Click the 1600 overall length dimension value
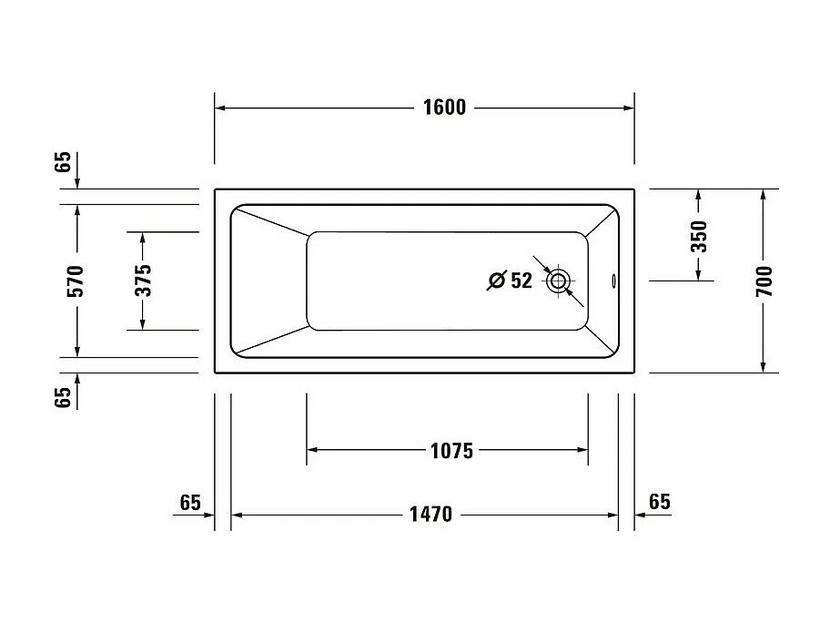[444, 107]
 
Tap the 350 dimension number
[698, 236]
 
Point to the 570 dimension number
[76, 281]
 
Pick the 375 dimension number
[142, 281]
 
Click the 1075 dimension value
[450, 450]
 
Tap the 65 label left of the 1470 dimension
[189, 503]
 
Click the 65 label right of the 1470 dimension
[660, 502]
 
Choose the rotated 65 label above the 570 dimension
[62, 162]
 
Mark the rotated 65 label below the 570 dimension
[62, 398]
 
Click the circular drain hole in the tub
[558, 281]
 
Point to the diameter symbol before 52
[496, 281]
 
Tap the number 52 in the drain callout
[521, 281]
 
